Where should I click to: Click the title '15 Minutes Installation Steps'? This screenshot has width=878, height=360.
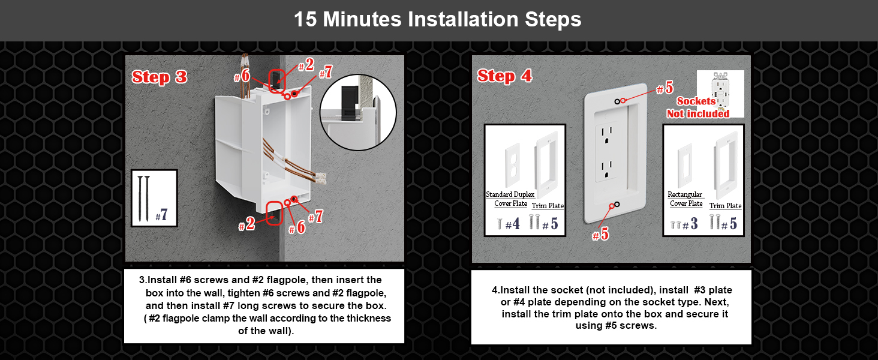(438, 19)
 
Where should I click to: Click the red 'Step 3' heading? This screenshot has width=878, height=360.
(160, 77)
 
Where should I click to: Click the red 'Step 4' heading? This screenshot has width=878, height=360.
(504, 76)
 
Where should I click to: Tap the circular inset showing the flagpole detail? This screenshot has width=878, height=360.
(358, 112)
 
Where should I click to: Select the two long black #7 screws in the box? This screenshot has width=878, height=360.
(145, 199)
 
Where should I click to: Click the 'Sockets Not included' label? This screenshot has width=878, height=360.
(698, 107)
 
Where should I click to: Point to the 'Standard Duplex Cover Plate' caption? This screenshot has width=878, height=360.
(510, 199)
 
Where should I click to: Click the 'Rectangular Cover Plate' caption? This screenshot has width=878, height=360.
(685, 199)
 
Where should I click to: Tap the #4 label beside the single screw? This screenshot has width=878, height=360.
(512, 225)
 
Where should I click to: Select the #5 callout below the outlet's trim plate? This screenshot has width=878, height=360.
(600, 234)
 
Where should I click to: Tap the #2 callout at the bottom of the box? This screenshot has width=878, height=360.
(246, 225)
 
